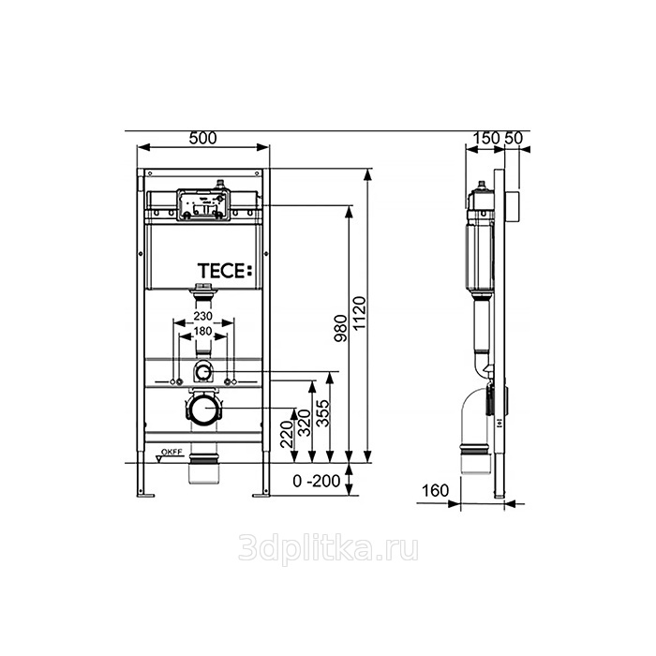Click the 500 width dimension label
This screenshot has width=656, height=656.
pos(203,138)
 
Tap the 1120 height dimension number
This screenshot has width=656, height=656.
pos(359,313)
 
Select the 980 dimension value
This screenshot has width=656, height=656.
pos(340,328)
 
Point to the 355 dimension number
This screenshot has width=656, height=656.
pos(322,413)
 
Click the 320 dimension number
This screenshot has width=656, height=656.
pos(305,423)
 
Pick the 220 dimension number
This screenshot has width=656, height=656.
pos(287,435)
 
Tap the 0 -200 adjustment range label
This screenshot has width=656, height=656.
pos(317,481)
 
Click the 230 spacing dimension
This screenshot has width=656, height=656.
pos(203,316)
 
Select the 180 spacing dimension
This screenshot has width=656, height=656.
pos(203,332)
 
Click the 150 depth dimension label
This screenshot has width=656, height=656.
pos(486,138)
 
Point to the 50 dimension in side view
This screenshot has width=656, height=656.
pos(514,138)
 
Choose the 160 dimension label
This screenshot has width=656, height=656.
pos(435,490)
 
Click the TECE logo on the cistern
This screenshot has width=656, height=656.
pos(225,271)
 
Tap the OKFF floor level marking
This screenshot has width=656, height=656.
pos(171,452)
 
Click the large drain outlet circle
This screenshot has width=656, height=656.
pos(203,409)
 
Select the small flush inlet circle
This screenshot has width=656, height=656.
pos(203,371)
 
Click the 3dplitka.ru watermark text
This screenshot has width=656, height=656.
pos(328,548)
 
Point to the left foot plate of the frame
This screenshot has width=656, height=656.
pos(145,496)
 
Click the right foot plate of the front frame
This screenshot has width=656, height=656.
pos(261,496)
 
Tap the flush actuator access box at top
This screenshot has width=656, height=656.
pos(203,204)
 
